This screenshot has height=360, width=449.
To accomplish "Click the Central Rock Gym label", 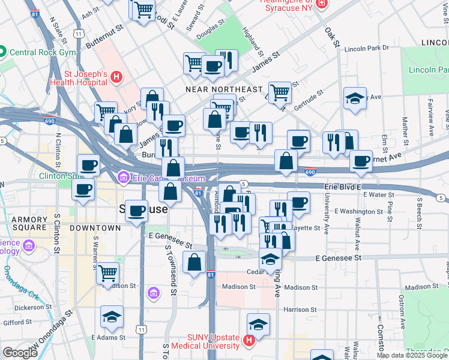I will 42,52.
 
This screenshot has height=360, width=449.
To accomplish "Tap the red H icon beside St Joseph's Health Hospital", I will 116,77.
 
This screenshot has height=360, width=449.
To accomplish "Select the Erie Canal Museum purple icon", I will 124,177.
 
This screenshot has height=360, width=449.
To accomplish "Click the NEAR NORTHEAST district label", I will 224,89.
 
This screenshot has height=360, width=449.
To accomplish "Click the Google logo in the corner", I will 20,353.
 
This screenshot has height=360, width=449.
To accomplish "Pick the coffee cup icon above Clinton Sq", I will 88,164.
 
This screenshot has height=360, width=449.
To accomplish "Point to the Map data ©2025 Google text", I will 412,355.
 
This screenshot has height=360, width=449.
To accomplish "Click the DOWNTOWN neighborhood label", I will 95,228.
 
